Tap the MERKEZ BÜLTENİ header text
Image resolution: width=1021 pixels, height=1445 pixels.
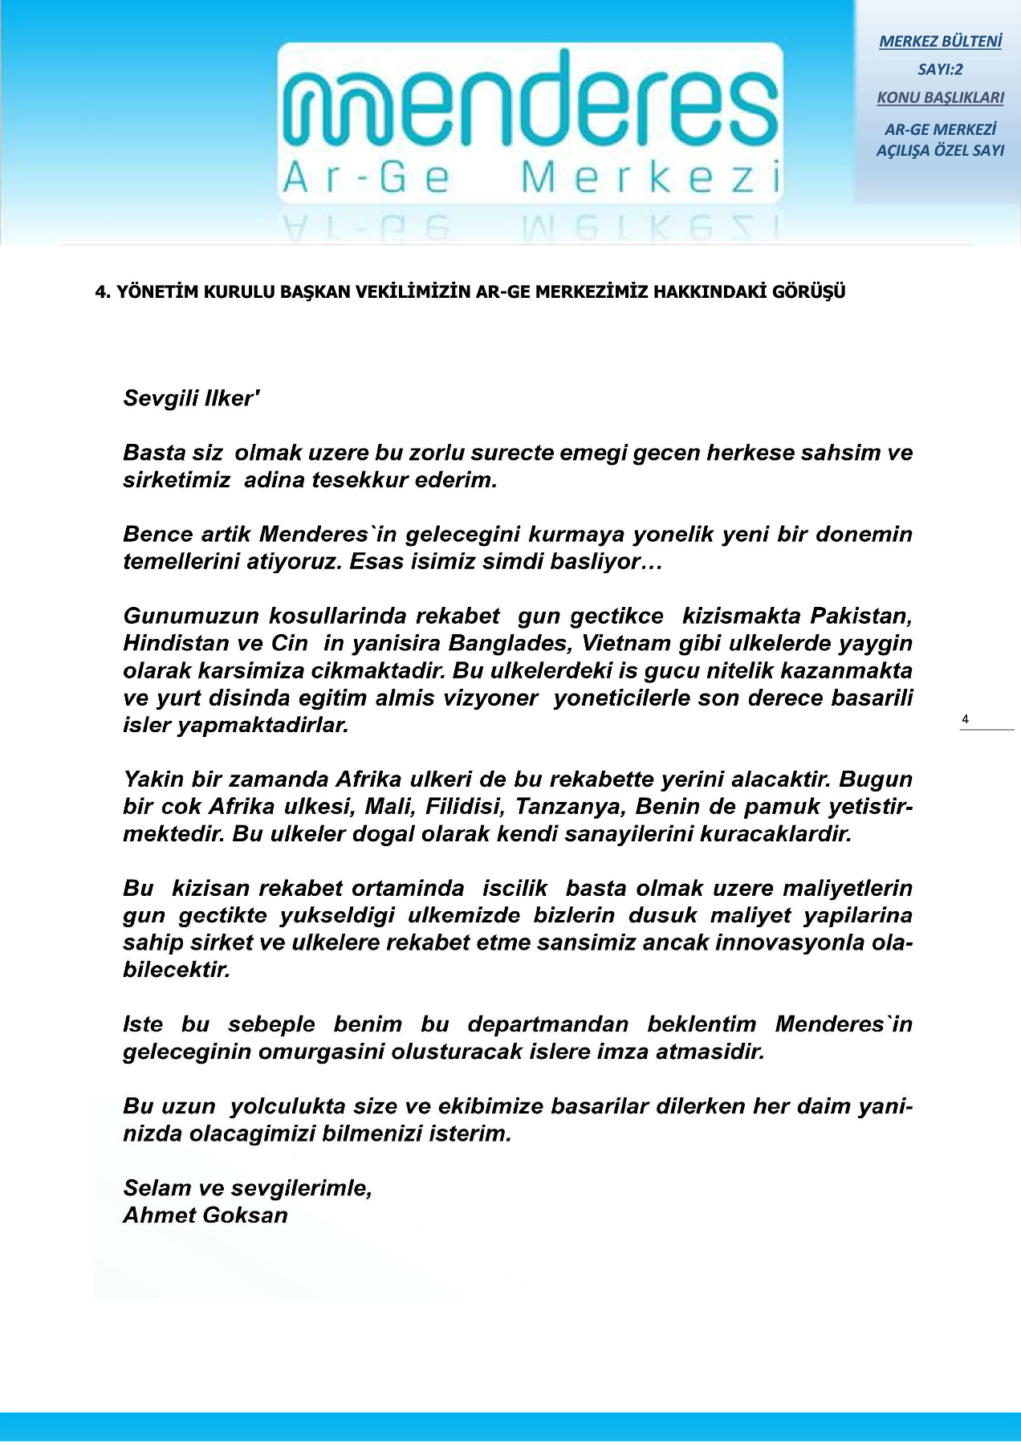tap(940, 42)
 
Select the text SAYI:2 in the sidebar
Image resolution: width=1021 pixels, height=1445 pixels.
tap(940, 70)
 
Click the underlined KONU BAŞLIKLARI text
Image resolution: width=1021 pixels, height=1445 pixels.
tap(940, 98)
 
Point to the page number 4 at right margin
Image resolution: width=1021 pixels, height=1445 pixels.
tap(965, 719)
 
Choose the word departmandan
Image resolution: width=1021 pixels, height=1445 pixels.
tap(548, 1024)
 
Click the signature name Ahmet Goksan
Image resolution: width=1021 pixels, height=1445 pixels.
tap(205, 1215)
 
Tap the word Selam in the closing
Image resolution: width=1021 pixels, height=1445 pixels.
tap(157, 1188)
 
